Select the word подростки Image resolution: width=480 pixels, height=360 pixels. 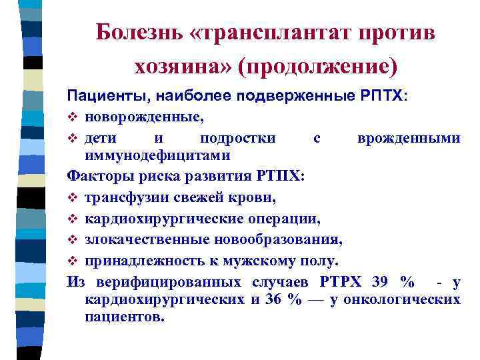pos(237,139)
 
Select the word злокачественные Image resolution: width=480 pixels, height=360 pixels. pos(139,239)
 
